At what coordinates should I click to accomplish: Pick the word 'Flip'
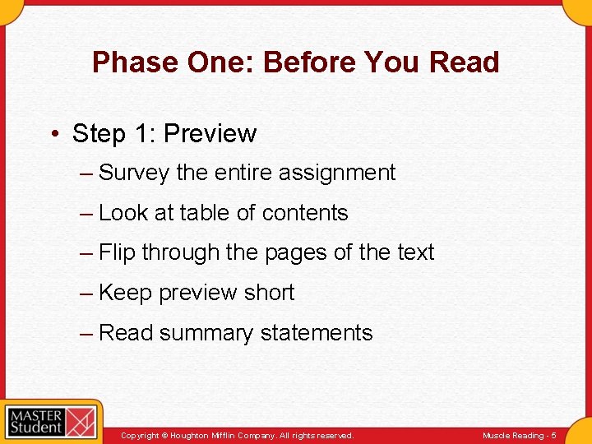tap(117, 252)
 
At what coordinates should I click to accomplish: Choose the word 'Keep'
tap(125, 293)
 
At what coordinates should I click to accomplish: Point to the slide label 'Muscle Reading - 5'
tap(519, 436)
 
